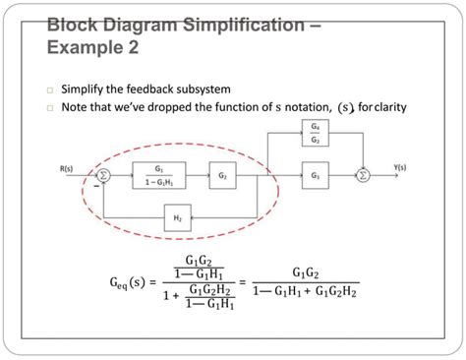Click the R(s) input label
point(66,168)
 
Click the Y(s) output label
point(401,167)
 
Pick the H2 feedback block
point(178,216)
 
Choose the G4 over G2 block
point(315,134)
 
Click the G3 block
point(315,176)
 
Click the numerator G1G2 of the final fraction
point(312,272)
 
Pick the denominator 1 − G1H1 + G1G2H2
point(305,292)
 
